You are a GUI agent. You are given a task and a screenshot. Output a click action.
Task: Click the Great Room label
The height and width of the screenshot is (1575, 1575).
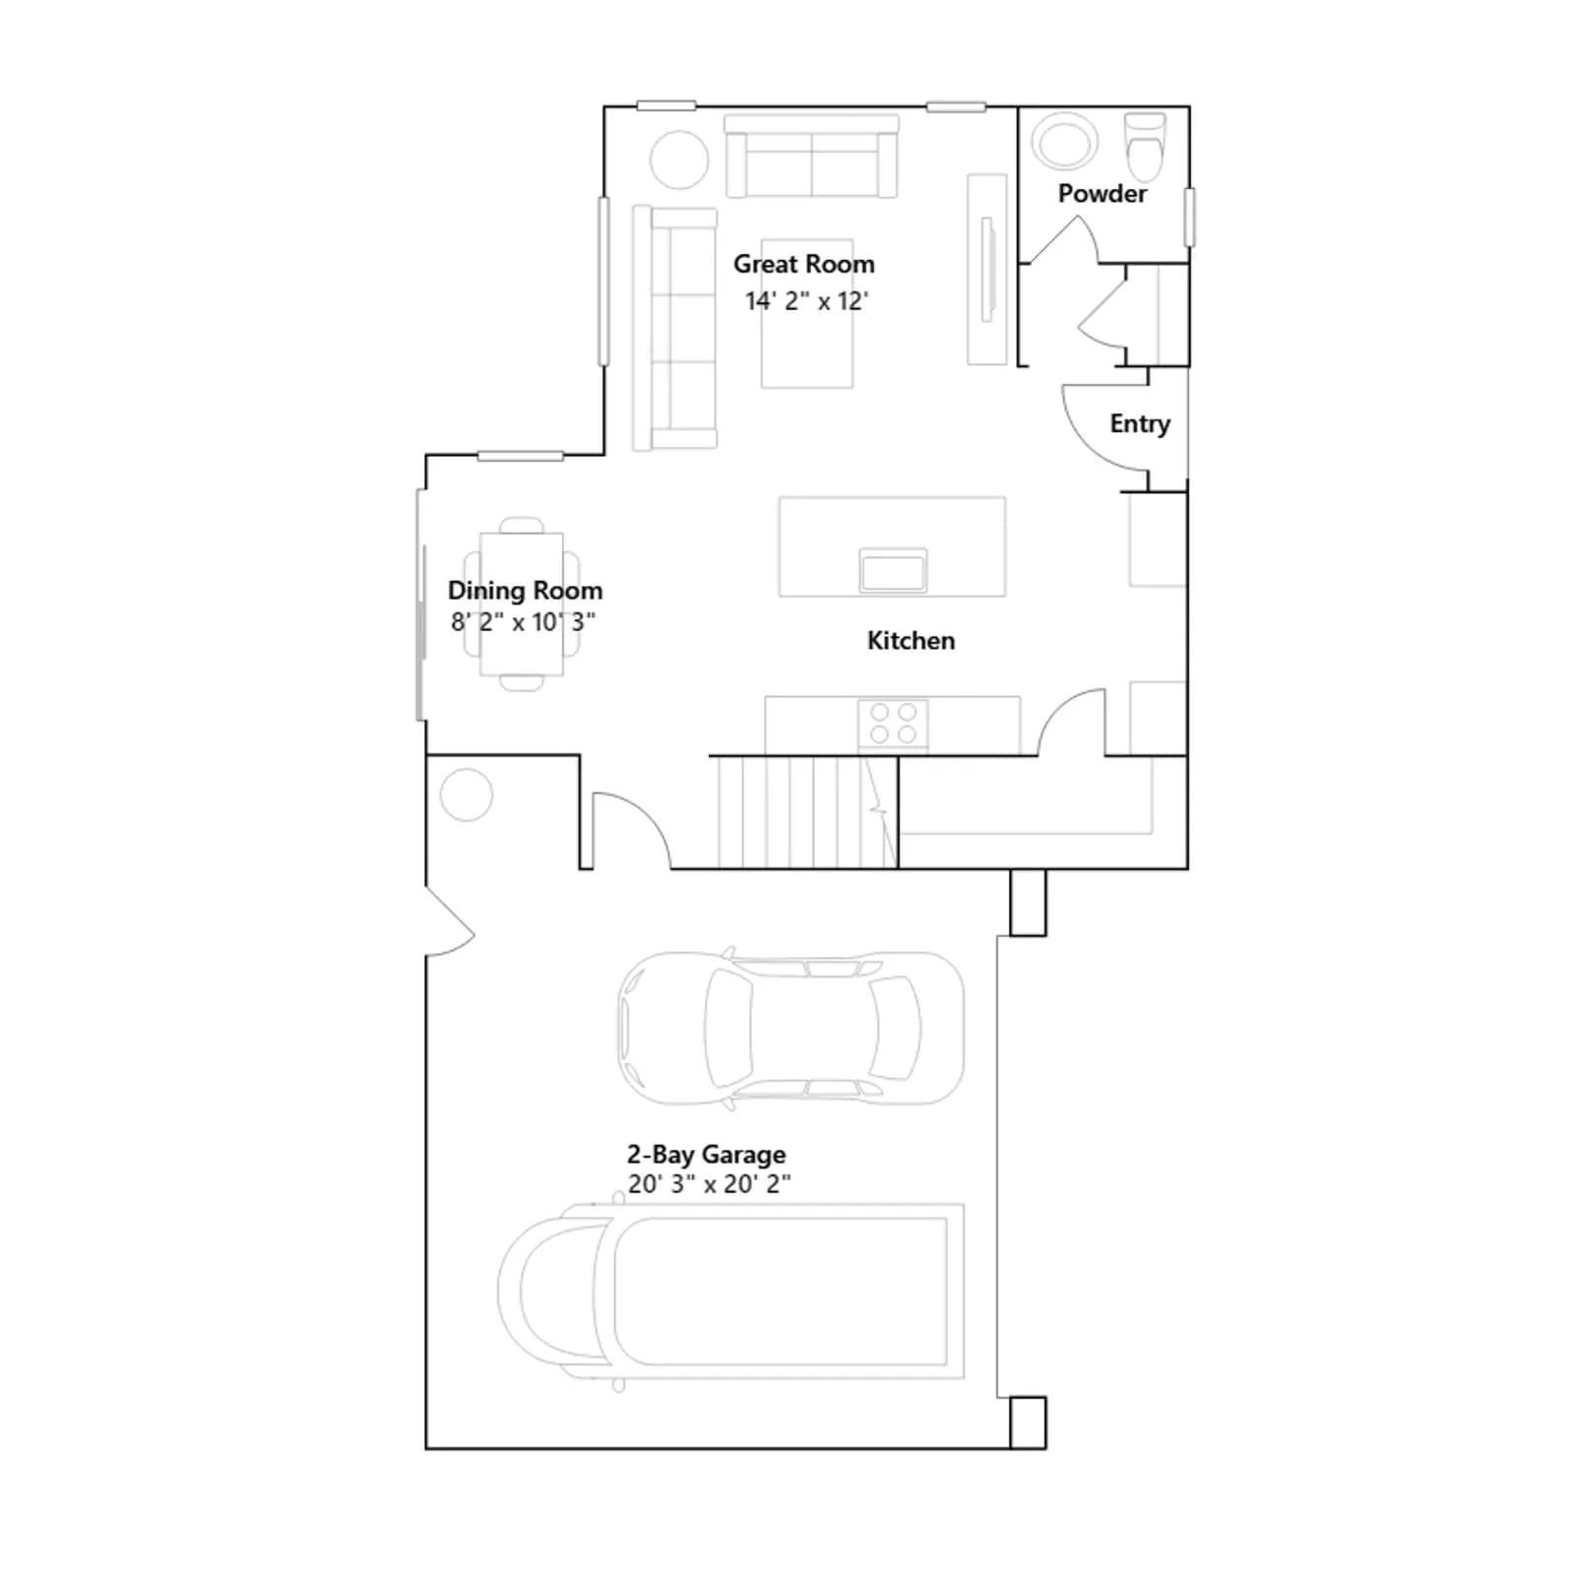803,264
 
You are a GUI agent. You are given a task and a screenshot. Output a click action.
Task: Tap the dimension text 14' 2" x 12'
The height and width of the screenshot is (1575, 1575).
806,300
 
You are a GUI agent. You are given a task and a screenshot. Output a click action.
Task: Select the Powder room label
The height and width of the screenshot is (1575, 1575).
1102,194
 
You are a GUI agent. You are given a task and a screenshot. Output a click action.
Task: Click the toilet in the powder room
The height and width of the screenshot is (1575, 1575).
1145,144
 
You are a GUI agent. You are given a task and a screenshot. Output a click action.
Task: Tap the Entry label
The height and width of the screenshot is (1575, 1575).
1140,424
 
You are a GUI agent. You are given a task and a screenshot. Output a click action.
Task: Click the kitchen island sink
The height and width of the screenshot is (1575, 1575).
893,570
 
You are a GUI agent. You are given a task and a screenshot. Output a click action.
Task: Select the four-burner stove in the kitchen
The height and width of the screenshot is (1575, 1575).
893,724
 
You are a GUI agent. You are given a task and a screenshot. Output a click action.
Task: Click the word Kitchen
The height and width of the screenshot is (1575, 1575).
911,641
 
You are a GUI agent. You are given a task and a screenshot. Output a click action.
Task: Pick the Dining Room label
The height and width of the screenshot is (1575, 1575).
525,591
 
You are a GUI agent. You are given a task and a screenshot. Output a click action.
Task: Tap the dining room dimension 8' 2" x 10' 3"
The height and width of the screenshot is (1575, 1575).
523,622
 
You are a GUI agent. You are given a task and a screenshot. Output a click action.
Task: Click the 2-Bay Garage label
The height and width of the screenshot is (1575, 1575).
706,1154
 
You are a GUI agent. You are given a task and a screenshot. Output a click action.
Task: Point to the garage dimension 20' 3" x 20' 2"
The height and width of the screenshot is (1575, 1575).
709,1184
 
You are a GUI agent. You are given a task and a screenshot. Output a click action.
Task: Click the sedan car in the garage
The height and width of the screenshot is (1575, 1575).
790,1028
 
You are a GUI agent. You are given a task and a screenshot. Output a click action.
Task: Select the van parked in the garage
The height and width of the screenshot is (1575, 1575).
730,1291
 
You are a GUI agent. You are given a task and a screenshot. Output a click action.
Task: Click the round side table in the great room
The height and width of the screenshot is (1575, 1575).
679,159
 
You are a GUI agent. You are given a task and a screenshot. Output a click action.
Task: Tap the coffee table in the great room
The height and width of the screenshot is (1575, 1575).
807,313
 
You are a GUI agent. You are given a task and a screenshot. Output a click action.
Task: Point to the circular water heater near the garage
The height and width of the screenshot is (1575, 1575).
466,794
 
